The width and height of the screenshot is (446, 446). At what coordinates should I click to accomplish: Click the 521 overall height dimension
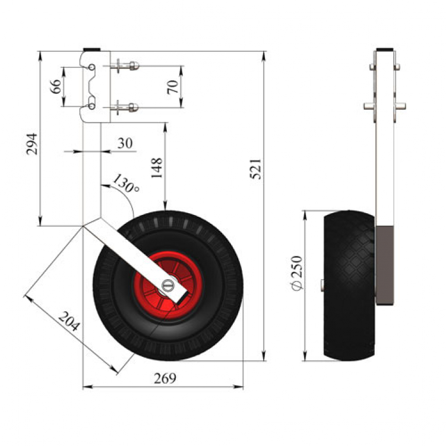(255, 169)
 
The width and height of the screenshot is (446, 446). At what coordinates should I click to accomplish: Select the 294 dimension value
(31, 144)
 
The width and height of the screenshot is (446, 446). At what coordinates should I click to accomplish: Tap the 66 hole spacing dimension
(55, 87)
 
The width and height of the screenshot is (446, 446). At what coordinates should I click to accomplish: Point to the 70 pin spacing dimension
(173, 87)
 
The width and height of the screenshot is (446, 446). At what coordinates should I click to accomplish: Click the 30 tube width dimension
(125, 143)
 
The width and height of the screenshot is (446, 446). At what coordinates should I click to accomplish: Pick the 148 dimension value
(157, 168)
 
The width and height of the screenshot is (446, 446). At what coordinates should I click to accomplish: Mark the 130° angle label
(126, 183)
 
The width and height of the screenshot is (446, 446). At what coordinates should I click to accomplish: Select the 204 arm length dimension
(69, 321)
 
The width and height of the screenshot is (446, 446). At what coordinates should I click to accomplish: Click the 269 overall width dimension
(165, 378)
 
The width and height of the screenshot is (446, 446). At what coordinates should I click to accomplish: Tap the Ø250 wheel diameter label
(297, 273)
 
